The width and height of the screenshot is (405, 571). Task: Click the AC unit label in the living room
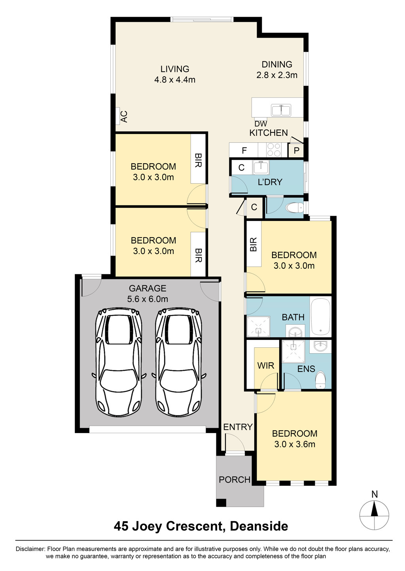click(x=124, y=116)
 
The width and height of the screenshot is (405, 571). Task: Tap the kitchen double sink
click(x=281, y=110)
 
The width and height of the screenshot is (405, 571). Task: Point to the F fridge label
click(x=244, y=151)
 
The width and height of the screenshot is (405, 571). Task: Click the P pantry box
click(x=296, y=151)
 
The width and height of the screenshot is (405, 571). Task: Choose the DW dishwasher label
click(x=261, y=124)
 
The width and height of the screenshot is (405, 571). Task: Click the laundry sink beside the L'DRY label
click(x=261, y=167)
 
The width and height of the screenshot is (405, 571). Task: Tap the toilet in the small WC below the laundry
click(x=295, y=208)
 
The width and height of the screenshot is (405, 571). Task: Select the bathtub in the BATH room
click(x=320, y=317)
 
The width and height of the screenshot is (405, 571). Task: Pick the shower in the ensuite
click(x=293, y=352)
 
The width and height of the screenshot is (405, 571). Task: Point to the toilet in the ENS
click(x=320, y=380)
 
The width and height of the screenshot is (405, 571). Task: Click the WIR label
click(x=266, y=366)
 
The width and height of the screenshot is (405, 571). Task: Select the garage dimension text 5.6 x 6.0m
click(x=148, y=299)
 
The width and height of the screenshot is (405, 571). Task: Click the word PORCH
click(x=235, y=480)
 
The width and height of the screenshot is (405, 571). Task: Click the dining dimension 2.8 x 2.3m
click(x=277, y=75)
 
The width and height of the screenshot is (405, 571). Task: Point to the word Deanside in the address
click(x=259, y=526)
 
